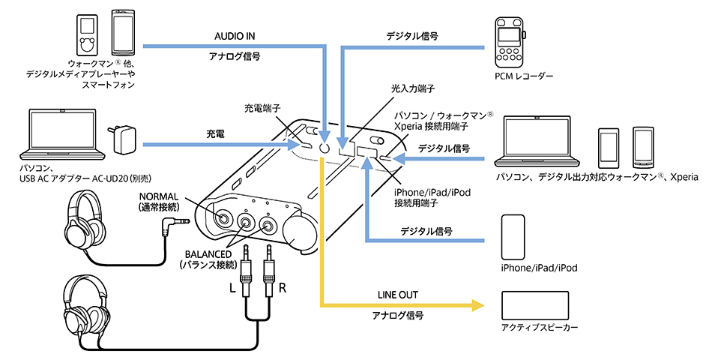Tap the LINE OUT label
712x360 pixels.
coord(398,294)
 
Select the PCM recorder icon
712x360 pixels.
coord(509,44)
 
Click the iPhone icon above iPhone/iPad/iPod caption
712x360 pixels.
coord(513,236)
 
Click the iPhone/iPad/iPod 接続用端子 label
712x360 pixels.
coord(424,196)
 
